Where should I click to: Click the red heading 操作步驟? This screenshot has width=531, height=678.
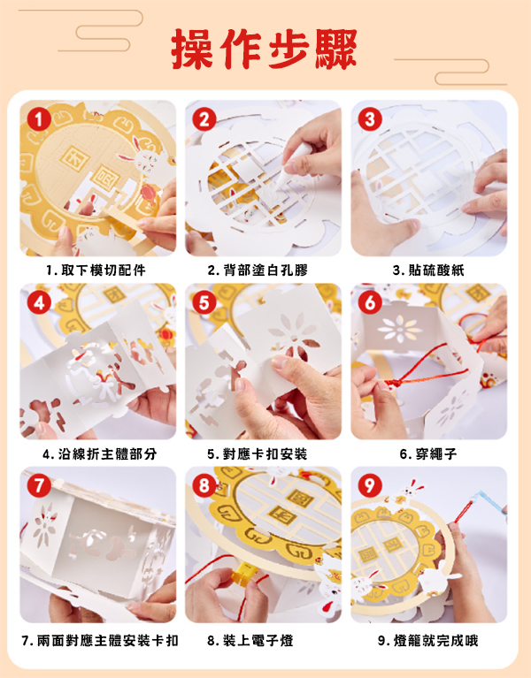tap(264, 48)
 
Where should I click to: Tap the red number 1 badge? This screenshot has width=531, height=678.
tap(39, 119)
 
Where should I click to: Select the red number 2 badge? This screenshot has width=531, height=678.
tap(204, 119)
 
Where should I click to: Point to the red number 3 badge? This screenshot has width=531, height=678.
tap(370, 119)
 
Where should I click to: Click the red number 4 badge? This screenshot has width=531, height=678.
tap(39, 302)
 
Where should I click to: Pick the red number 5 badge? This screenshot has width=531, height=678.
tap(204, 302)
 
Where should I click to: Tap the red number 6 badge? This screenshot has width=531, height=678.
tap(370, 302)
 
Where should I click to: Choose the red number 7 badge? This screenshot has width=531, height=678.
tap(39, 485)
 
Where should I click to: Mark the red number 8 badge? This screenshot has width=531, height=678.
tap(204, 485)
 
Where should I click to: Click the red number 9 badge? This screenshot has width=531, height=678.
tap(370, 485)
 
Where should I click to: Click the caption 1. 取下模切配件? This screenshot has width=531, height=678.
tap(96, 270)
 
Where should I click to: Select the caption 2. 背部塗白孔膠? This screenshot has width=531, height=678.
tap(258, 270)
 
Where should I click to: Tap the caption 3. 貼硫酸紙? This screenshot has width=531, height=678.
tap(428, 270)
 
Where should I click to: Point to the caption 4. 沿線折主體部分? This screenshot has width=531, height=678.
tap(100, 454)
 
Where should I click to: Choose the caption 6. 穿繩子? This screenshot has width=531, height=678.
tap(428, 454)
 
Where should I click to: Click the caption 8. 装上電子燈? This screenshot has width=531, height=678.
tap(250, 640)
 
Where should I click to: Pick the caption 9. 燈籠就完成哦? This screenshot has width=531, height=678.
tap(428, 640)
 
